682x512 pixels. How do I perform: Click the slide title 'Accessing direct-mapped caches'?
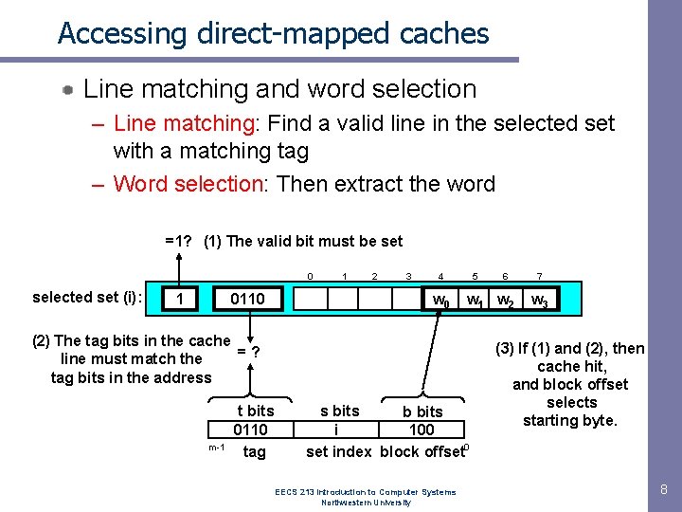point(273,33)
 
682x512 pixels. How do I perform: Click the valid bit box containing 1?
point(180,300)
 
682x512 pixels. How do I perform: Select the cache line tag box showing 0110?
point(248,300)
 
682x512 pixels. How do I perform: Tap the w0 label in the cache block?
point(440,301)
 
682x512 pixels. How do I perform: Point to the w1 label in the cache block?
point(475,301)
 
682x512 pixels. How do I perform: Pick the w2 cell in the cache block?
point(507,301)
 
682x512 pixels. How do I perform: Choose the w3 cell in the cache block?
point(538,301)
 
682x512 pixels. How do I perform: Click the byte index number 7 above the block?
point(538,276)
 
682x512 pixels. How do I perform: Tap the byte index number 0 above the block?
point(310,276)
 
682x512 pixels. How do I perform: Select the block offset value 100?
point(422,430)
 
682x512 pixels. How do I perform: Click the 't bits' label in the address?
point(255,411)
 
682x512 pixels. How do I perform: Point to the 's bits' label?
point(339,411)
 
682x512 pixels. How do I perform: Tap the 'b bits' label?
point(422,411)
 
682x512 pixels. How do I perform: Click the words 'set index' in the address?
point(338,451)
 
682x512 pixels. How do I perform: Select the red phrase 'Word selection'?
point(188,184)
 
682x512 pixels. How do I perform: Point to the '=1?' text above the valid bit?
point(179,241)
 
